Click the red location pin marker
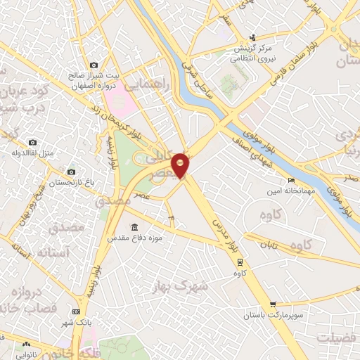[x=181, y=165]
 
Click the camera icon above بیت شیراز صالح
[x=94, y=65]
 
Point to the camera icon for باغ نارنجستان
[x=71, y=172]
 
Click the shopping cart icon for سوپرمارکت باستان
[x=272, y=305]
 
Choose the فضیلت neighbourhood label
[x=335, y=338]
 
